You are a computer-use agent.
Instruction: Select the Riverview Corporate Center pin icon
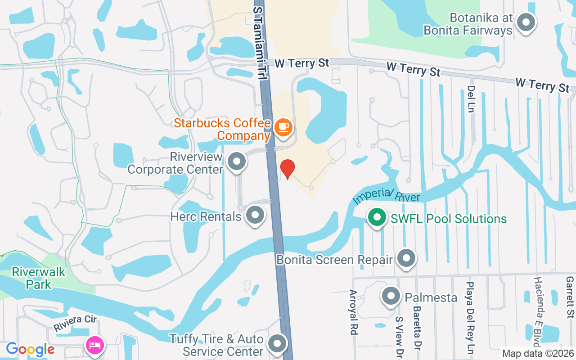point(237,161)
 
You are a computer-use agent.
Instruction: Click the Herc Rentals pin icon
point(256,215)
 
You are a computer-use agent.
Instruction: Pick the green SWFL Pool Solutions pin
point(377,218)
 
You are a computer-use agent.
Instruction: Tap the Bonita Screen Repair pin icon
point(407,258)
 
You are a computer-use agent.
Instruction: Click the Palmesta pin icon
point(391,296)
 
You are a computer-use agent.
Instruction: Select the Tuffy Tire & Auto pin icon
point(278,343)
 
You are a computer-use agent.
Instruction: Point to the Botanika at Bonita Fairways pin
point(525,22)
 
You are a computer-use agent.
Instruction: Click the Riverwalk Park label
point(38,278)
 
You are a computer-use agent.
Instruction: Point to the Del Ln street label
point(471,99)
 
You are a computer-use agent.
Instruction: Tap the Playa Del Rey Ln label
point(470,317)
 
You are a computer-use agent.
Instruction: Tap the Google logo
point(30,349)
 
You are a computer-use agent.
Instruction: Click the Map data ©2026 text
point(538,354)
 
